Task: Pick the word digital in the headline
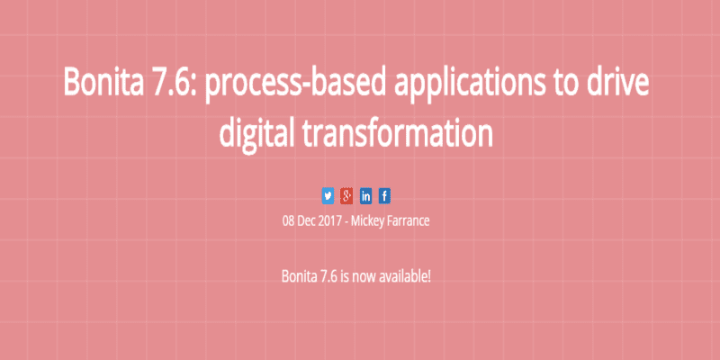(x=256, y=132)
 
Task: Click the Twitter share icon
(x=328, y=196)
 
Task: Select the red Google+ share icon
(x=346, y=196)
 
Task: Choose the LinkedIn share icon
(x=365, y=196)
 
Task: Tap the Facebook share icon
(x=384, y=196)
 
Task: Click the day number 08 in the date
(x=288, y=221)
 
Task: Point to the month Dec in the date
(x=305, y=221)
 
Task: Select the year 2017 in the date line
(x=328, y=221)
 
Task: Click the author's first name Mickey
(x=366, y=222)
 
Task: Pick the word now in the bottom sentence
(x=358, y=278)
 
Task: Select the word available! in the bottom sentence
(x=400, y=277)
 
